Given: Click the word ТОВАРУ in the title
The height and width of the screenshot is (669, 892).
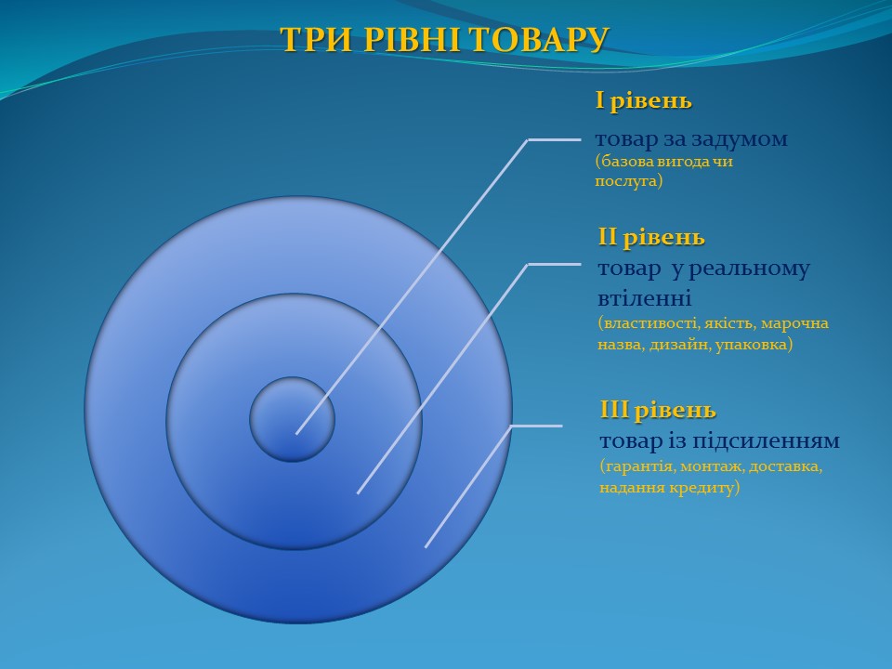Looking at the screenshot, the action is (539, 40).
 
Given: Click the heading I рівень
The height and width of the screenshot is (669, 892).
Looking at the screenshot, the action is (643, 101).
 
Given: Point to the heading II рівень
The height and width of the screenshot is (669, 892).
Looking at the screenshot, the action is (651, 238).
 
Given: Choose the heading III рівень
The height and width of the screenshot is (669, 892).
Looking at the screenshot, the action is (658, 411).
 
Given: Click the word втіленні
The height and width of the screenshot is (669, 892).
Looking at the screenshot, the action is (645, 298).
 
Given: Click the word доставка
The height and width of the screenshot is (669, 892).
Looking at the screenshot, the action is (786, 466).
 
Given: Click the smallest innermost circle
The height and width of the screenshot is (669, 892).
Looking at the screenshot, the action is (293, 419).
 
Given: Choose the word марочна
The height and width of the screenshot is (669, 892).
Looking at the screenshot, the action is (794, 323).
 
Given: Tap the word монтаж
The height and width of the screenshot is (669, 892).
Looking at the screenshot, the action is (713, 467).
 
